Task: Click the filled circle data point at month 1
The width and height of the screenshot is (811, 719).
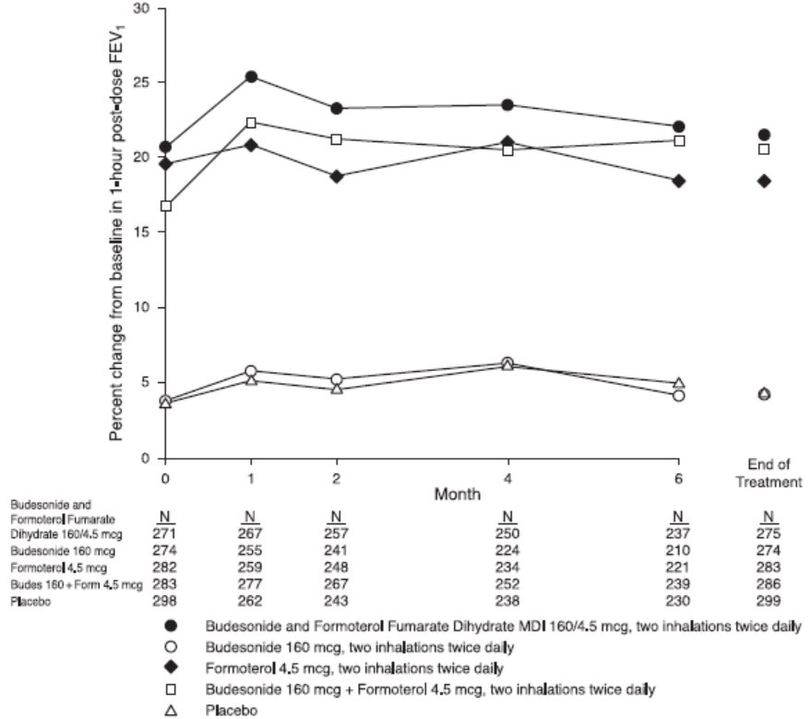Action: (x=251, y=77)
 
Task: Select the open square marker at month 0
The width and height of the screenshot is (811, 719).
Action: (x=165, y=206)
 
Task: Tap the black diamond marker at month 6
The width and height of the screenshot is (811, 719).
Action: (x=679, y=181)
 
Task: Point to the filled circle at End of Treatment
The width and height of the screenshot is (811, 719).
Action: (x=764, y=135)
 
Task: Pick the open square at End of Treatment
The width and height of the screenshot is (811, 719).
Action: (x=764, y=150)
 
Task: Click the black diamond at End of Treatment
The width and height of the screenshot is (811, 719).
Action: (x=764, y=181)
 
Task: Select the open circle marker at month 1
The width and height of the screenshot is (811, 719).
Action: (x=251, y=371)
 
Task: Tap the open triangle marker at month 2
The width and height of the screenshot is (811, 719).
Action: (x=336, y=389)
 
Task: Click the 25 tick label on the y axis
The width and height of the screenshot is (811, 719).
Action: (x=143, y=82)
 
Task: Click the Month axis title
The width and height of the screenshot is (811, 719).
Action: (x=459, y=495)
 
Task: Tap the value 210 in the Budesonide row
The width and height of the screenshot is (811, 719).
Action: (x=679, y=552)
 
